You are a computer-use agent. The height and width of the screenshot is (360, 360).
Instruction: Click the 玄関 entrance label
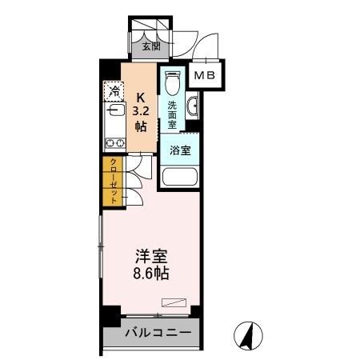[150, 46]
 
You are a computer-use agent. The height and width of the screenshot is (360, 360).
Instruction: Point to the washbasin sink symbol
[193, 106]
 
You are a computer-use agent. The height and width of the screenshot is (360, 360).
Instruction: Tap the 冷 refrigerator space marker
[116, 90]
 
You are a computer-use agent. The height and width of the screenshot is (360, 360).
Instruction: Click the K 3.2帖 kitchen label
[142, 111]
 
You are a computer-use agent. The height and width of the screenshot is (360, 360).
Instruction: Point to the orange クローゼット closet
[114, 182]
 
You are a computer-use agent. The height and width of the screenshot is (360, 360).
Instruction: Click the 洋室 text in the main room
[150, 257]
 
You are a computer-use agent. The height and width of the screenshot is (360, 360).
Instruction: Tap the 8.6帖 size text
[150, 273]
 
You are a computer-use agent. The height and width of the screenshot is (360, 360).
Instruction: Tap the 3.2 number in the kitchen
[142, 112]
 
